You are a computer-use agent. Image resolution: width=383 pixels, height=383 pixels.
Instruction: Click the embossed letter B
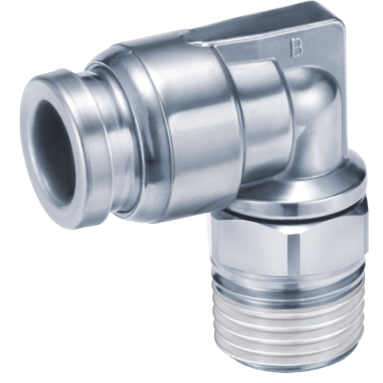(297, 47)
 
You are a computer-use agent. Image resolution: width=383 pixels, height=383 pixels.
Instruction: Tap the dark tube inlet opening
(53, 145)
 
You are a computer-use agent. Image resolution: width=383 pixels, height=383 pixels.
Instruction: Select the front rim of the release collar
(56, 148)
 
